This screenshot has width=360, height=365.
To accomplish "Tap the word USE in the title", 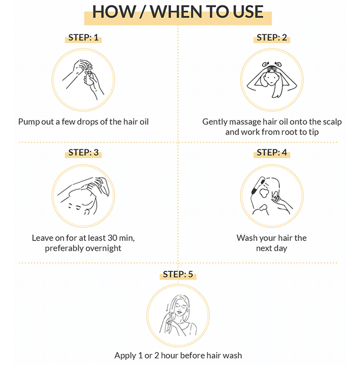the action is click(248, 11).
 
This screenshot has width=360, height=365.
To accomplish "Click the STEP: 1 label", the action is click(83, 38).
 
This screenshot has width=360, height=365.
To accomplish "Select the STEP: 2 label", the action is click(272, 38).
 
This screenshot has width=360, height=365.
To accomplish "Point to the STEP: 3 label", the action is click(83, 152).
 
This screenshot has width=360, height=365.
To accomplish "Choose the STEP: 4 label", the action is click(272, 152).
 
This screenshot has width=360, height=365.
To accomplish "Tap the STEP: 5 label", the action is click(178, 274).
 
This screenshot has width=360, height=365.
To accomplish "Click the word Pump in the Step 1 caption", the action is click(27, 121).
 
